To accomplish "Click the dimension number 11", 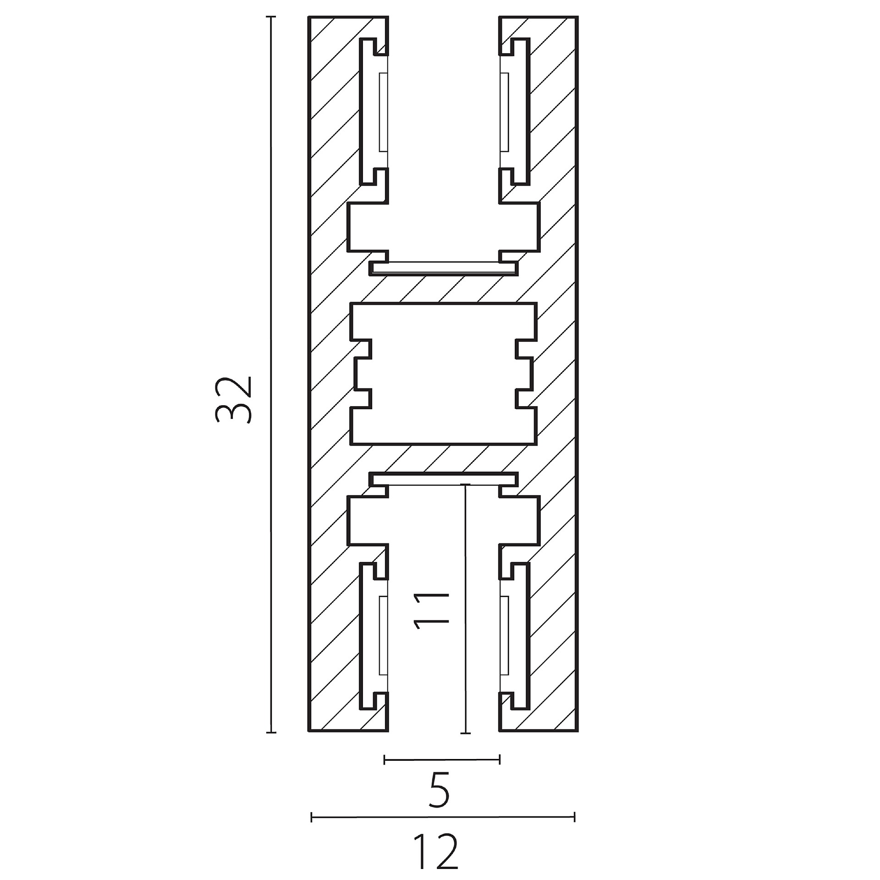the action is (x=431, y=609).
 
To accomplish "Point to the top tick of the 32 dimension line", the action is (x=271, y=17).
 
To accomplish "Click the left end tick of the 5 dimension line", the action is (x=385, y=760).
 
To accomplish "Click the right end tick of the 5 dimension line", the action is (x=500, y=760).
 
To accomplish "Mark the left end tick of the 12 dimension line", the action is (x=312, y=817).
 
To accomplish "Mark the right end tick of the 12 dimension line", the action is (x=574, y=817).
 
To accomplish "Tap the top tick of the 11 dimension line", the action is (x=465, y=484).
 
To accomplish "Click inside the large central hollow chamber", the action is (x=443, y=374).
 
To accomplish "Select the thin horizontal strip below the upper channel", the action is (x=444, y=269).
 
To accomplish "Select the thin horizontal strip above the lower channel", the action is (x=444, y=478).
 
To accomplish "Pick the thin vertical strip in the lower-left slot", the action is (x=384, y=636).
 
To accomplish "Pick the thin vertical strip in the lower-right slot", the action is (x=504, y=636).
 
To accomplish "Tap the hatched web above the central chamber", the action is (x=444, y=289).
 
